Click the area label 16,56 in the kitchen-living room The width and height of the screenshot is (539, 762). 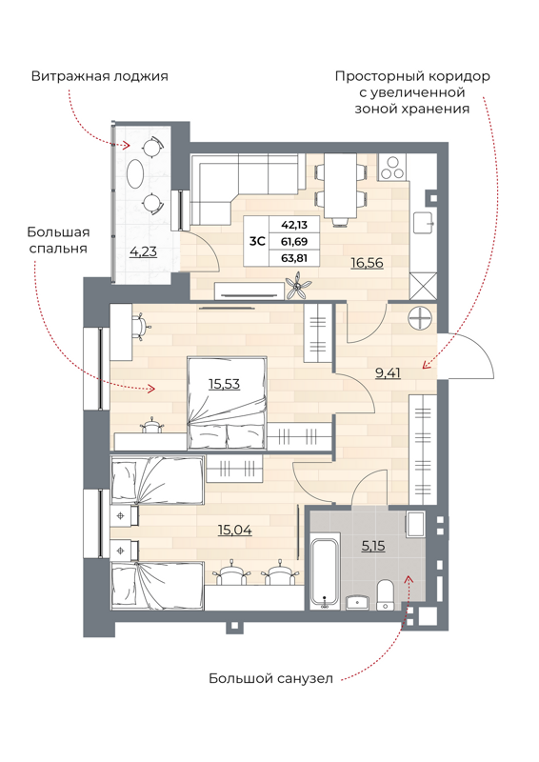tap(367, 262)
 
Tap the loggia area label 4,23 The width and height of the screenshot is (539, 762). tap(144, 252)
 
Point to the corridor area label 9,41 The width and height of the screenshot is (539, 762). tap(388, 373)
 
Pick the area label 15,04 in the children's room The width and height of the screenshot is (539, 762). tap(234, 530)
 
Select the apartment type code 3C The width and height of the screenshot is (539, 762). tap(257, 241)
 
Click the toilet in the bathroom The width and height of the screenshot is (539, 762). tap(386, 592)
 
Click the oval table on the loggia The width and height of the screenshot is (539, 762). tap(137, 175)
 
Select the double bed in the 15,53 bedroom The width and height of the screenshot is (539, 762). tap(227, 402)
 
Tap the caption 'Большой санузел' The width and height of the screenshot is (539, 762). tap(271, 679)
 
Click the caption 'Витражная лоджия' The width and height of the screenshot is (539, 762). tap(99, 76)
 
